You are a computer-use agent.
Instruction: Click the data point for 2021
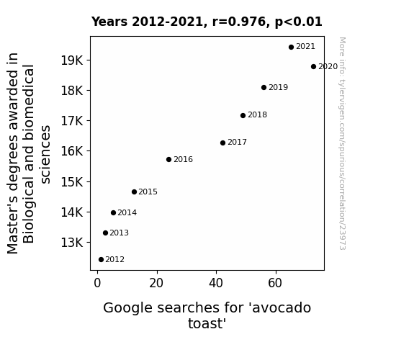tap(291, 48)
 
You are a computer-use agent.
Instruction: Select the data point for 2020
tap(313, 66)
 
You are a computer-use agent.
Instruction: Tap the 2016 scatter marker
tap(168, 160)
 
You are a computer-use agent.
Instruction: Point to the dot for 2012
tap(101, 260)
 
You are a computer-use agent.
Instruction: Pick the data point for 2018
tap(243, 115)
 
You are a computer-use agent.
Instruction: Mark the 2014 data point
tap(113, 213)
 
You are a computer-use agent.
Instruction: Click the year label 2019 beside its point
tap(279, 87)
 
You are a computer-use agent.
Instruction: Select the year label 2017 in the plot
tap(237, 143)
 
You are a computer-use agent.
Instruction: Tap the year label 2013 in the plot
tap(119, 233)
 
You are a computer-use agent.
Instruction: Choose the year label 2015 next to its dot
tap(148, 192)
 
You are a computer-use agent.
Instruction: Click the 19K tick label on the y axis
tap(72, 60)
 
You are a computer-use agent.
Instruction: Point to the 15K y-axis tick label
tap(72, 181)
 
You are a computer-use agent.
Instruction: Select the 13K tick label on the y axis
tap(72, 243)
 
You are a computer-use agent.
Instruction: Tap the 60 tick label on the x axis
tap(275, 283)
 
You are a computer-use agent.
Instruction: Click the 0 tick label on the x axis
tap(97, 283)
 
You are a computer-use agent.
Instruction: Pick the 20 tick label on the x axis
tap(156, 283)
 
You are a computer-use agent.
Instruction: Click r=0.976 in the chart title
tap(239, 22)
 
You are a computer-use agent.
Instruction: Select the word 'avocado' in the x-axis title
tap(282, 308)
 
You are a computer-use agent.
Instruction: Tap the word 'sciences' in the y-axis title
tap(45, 155)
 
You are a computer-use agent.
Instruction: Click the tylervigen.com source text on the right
tap(342, 143)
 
